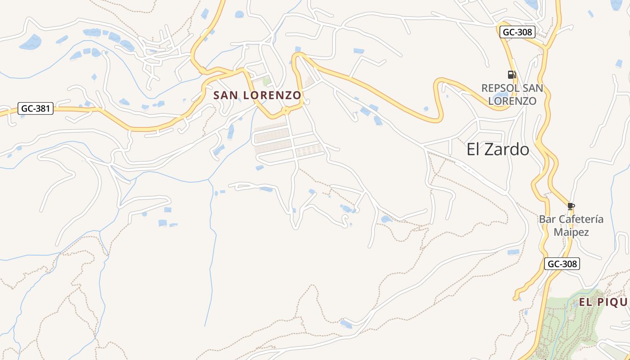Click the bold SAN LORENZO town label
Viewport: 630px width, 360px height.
257,95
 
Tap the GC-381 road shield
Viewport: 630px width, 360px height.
36,108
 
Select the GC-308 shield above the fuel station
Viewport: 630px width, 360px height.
517,32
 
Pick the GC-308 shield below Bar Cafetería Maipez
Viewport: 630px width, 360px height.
562,264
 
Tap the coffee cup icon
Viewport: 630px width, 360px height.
571,206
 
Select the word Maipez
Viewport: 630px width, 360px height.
571,232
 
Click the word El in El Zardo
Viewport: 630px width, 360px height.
474,149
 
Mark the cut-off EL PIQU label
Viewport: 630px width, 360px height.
603,302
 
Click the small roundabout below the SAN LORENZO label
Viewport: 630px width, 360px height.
285,110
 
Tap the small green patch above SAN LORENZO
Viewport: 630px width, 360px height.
266,81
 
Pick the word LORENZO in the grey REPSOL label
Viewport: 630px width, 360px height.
512,101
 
